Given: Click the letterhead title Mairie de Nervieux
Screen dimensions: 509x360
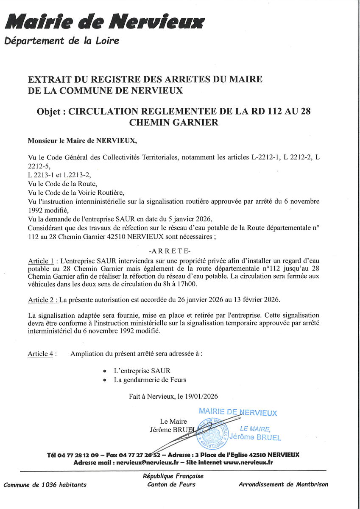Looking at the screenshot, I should pos(105,21).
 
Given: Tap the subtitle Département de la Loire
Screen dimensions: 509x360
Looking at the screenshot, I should pos(61,41).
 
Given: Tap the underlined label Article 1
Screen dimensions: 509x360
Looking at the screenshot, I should pos(41,260).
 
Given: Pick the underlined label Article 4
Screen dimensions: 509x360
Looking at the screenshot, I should pos(40,354).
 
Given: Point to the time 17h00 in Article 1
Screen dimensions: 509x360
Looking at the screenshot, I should pos(194,284).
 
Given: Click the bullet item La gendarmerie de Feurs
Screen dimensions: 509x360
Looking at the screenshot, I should pos(150,380).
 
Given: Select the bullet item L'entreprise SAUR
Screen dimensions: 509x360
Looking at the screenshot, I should pos(142,371).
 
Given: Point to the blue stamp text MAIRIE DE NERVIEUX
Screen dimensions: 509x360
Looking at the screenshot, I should pos(237,412).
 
